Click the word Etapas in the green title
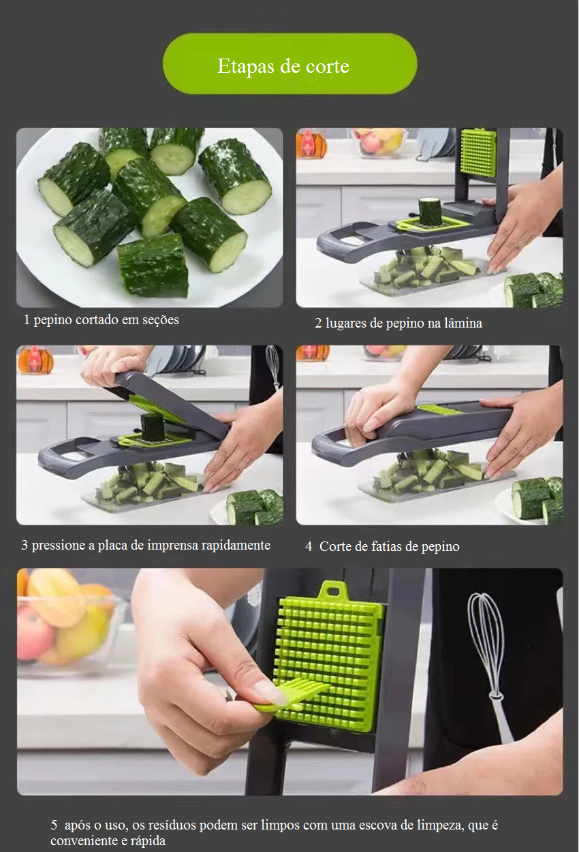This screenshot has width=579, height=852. (247, 67)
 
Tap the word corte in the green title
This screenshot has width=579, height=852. (328, 67)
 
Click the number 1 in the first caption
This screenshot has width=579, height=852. (27, 319)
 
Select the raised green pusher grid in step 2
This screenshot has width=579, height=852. (479, 153)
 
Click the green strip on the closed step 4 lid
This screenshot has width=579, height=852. (441, 410)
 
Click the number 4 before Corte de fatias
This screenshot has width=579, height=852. (309, 547)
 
